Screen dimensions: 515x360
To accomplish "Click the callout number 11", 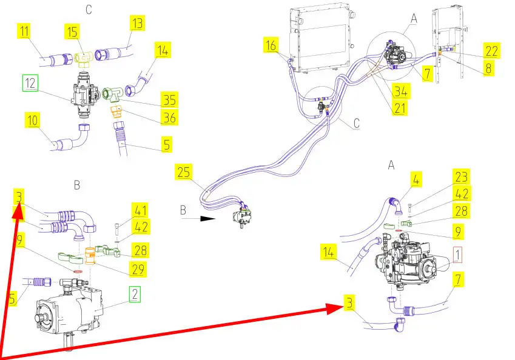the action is pyautogui.click(x=24, y=31).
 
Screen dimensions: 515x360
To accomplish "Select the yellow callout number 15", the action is pyautogui.click(x=72, y=32).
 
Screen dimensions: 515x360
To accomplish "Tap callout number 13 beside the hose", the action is pyautogui.click(x=137, y=23).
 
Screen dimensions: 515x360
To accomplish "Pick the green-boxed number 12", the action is pyautogui.click(x=30, y=83).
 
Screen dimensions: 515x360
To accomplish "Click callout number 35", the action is pyautogui.click(x=169, y=99).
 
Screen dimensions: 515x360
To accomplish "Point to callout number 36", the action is pyautogui.click(x=169, y=117).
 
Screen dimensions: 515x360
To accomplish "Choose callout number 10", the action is pyautogui.click(x=33, y=120).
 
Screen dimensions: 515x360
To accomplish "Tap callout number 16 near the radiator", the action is pyautogui.click(x=271, y=45).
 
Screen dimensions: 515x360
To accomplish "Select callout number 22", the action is pyautogui.click(x=492, y=51).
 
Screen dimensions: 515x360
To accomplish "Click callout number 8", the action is pyautogui.click(x=488, y=68).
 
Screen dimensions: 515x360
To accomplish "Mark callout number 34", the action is pyautogui.click(x=401, y=91).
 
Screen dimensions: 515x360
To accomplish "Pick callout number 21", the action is pyautogui.click(x=400, y=108).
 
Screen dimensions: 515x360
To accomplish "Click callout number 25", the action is pyautogui.click(x=184, y=172).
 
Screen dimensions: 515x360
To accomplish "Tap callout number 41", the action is pyautogui.click(x=141, y=210).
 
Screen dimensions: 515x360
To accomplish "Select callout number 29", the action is pyautogui.click(x=138, y=269).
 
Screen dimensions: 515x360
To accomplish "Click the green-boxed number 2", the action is pyautogui.click(x=135, y=294).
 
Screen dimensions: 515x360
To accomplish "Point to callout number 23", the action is pyautogui.click(x=462, y=176).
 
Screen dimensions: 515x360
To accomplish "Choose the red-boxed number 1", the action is pyautogui.click(x=457, y=255).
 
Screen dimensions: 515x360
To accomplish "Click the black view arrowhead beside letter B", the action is pyautogui.click(x=207, y=219).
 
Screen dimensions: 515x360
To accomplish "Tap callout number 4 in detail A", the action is pyautogui.click(x=416, y=179).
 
